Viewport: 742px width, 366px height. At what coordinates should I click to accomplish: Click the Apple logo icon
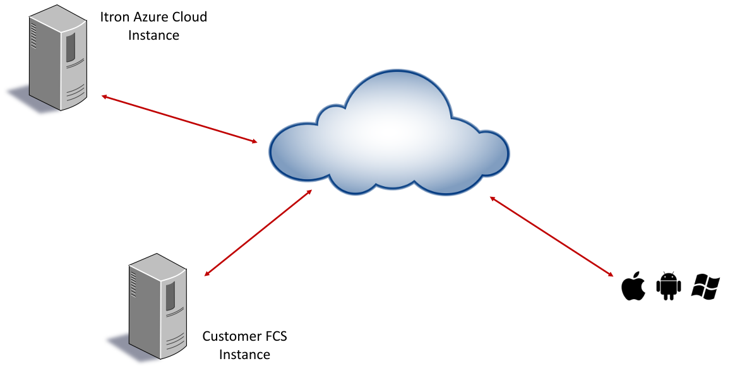pyautogui.click(x=633, y=286)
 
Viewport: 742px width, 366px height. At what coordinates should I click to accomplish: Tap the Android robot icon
pyautogui.click(x=669, y=286)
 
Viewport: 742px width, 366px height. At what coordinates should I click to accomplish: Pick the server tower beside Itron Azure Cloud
pyautogui.click(x=57, y=59)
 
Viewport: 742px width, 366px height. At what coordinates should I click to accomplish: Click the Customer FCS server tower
pyautogui.click(x=157, y=304)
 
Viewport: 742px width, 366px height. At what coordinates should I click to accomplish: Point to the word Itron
pyautogui.click(x=113, y=17)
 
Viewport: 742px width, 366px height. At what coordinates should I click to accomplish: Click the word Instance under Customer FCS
pyautogui.click(x=244, y=355)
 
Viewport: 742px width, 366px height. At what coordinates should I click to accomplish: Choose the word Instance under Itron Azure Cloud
pyautogui.click(x=153, y=35)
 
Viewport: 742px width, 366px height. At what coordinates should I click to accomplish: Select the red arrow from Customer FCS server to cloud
pyautogui.click(x=258, y=232)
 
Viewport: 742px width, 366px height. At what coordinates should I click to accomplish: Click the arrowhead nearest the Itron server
pyautogui.click(x=105, y=97)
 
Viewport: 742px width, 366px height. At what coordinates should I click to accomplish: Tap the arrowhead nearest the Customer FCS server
pyautogui.click(x=207, y=274)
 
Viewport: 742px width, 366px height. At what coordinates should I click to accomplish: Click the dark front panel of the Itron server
pyautogui.click(x=70, y=49)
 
